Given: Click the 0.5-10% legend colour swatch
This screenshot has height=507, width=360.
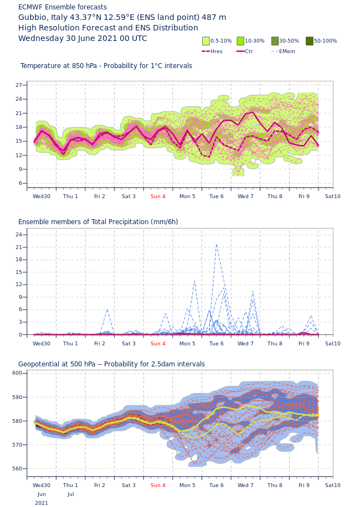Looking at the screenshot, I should [206, 41].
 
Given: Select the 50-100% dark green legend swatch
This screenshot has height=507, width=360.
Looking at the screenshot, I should [310, 41].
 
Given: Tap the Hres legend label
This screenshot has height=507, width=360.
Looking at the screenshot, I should [217, 51].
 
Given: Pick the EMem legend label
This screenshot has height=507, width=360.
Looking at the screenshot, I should [287, 51].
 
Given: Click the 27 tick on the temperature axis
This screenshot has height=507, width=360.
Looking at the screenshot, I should [19, 85].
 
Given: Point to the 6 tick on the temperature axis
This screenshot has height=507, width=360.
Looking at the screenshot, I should [20, 183].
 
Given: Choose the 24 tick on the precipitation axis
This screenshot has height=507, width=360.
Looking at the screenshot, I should [19, 235].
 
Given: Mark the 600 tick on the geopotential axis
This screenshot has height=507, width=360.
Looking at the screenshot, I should [17, 373].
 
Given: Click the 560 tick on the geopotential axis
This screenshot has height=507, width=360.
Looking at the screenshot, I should [17, 469].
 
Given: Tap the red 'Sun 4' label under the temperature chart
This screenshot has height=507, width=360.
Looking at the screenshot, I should [158, 196].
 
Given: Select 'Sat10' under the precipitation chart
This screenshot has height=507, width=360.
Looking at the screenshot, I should [333, 344].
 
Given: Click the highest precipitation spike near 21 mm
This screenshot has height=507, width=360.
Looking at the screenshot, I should [216, 245].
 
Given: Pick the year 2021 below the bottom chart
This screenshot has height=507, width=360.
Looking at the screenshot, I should [42, 503].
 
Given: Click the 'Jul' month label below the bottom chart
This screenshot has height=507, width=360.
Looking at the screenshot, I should [71, 494].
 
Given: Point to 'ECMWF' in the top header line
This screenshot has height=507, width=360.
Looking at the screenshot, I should [30, 7].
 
